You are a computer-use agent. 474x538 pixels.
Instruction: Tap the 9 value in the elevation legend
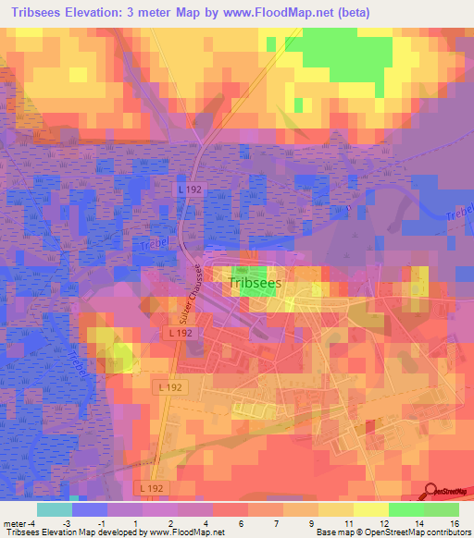(x=300, y=522)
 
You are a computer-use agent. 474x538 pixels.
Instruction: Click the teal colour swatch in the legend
(x=55, y=509)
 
